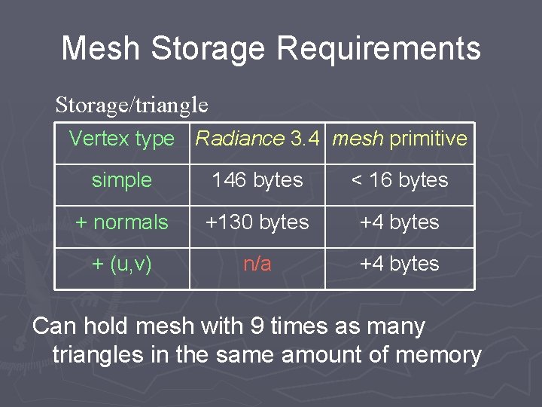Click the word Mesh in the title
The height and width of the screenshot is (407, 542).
pyautogui.click(x=100, y=48)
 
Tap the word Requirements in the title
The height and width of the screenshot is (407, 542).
pyautogui.click(x=379, y=48)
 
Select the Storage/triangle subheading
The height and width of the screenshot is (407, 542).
pyautogui.click(x=132, y=104)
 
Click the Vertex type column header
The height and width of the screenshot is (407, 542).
pyautogui.click(x=122, y=139)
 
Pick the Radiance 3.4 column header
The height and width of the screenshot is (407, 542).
pyautogui.click(x=258, y=139)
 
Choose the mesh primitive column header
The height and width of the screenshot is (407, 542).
pyautogui.click(x=400, y=139)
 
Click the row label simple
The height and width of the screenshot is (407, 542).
pyautogui.click(x=122, y=180)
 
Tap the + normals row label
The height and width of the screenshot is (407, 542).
pyautogui.click(x=122, y=222)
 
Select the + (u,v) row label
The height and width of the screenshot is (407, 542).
pyautogui.click(x=122, y=264)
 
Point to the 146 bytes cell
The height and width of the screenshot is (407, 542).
pyautogui.click(x=257, y=180)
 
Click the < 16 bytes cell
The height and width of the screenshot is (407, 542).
pyautogui.click(x=400, y=180)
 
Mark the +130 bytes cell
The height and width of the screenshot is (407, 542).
pyautogui.click(x=257, y=222)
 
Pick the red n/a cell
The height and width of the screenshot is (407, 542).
pyautogui.click(x=257, y=264)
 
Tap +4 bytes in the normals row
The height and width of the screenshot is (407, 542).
pyautogui.click(x=400, y=222)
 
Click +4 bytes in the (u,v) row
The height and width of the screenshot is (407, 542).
pyautogui.click(x=400, y=264)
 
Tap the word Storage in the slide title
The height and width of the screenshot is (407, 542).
pyautogui.click(x=208, y=48)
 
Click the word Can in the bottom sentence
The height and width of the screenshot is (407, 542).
pyautogui.click(x=54, y=326)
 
